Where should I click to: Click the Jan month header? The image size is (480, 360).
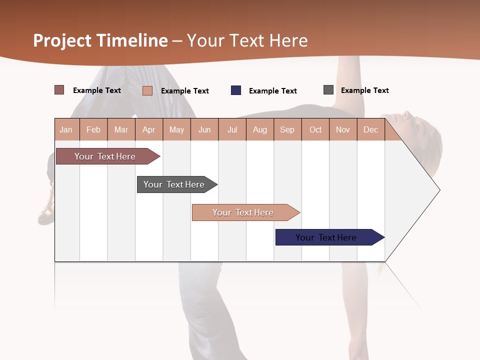click(x=66, y=129)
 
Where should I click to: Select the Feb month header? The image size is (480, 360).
click(x=93, y=129)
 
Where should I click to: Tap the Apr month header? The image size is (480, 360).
click(x=149, y=129)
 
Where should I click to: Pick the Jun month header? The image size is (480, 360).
click(x=204, y=129)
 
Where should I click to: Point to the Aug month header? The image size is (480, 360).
click(x=260, y=129)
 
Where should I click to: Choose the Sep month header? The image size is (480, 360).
click(x=287, y=129)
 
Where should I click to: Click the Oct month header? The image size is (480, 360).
click(x=315, y=129)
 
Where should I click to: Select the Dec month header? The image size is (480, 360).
click(x=371, y=129)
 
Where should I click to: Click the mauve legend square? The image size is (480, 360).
click(x=59, y=90)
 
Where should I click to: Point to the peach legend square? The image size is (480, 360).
click(x=147, y=90)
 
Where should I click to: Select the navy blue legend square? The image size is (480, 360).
click(x=236, y=90)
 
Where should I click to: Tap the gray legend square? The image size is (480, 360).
click(x=328, y=90)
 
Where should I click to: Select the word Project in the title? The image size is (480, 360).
click(x=63, y=40)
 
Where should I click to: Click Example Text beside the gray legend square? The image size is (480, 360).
click(x=364, y=90)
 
